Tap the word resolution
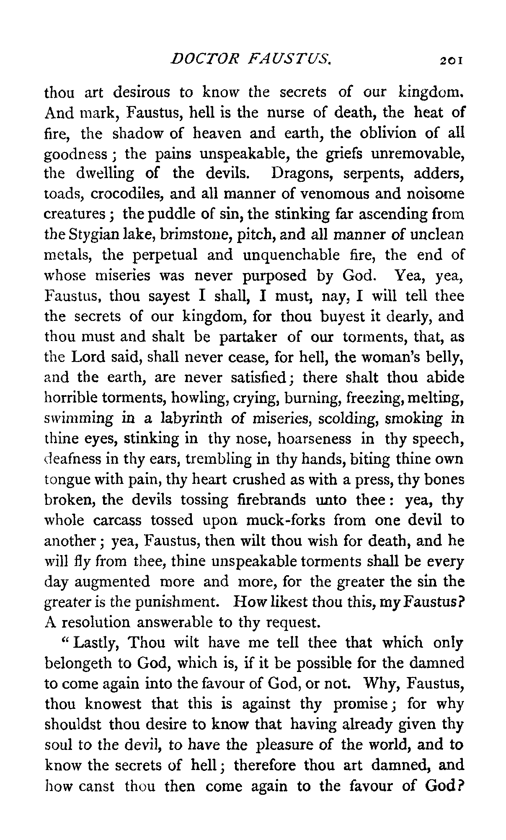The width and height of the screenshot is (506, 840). click(96, 623)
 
